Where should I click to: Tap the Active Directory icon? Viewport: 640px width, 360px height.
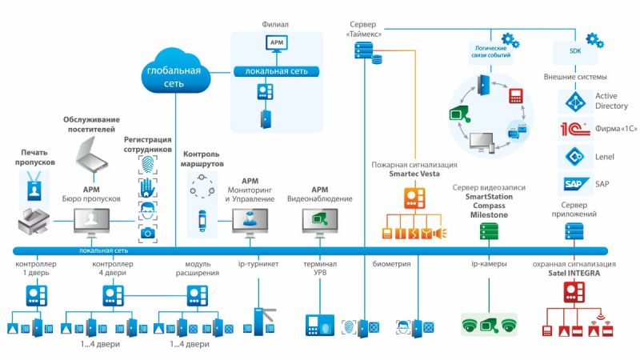click(572, 101)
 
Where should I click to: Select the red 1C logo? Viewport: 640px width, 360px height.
click(572, 129)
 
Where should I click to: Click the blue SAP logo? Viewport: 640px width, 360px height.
click(572, 184)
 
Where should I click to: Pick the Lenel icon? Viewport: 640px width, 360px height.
click(572, 156)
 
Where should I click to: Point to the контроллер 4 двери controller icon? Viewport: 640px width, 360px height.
click(114, 296)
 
